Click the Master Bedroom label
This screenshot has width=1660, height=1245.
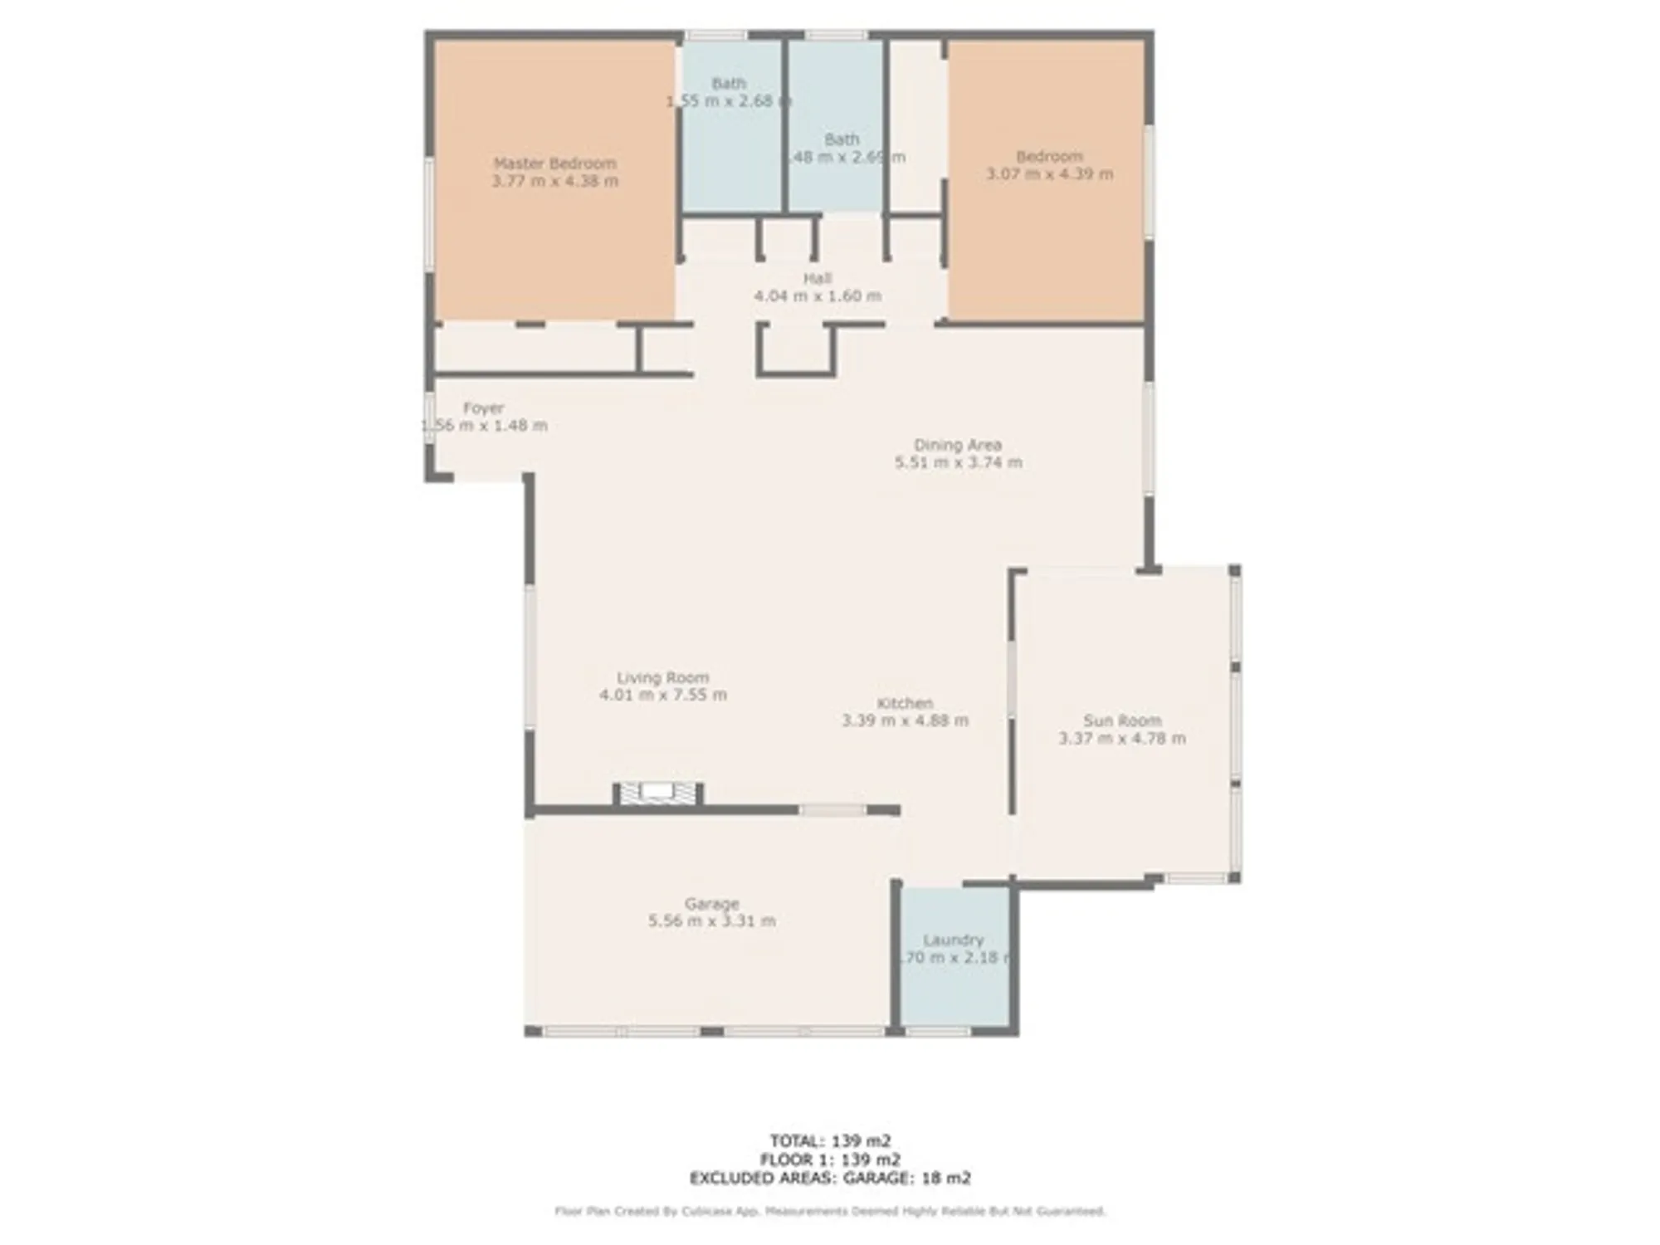pyautogui.click(x=554, y=164)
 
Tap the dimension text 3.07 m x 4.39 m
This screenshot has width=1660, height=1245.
pyautogui.click(x=1049, y=174)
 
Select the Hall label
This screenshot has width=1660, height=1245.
pyautogui.click(x=817, y=278)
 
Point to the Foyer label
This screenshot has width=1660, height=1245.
pyautogui.click(x=483, y=408)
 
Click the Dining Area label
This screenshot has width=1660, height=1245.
pyautogui.click(x=958, y=445)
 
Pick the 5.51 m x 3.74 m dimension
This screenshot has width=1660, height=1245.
pyautogui.click(x=958, y=462)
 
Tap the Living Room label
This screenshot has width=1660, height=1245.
pyautogui.click(x=662, y=677)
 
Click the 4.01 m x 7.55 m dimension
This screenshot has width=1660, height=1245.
pyautogui.click(x=662, y=695)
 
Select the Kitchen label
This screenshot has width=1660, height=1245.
pyautogui.click(x=905, y=703)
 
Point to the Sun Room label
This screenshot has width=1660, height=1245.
pyautogui.click(x=1122, y=720)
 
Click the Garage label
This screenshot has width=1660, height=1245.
pyautogui.click(x=711, y=903)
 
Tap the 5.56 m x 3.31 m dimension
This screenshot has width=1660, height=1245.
pyautogui.click(x=711, y=920)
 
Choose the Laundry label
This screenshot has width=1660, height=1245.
pyautogui.click(x=953, y=940)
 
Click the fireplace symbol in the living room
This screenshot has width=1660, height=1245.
pyautogui.click(x=658, y=793)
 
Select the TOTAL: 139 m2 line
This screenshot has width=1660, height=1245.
pyautogui.click(x=830, y=1141)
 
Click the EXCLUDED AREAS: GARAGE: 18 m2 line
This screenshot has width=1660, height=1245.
pyautogui.click(x=830, y=1178)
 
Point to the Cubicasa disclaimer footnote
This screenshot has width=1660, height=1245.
pyautogui.click(x=830, y=1212)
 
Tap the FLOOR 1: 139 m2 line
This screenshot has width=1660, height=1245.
pyautogui.click(x=830, y=1160)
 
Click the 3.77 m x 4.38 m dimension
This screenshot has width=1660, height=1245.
pyautogui.click(x=554, y=181)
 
